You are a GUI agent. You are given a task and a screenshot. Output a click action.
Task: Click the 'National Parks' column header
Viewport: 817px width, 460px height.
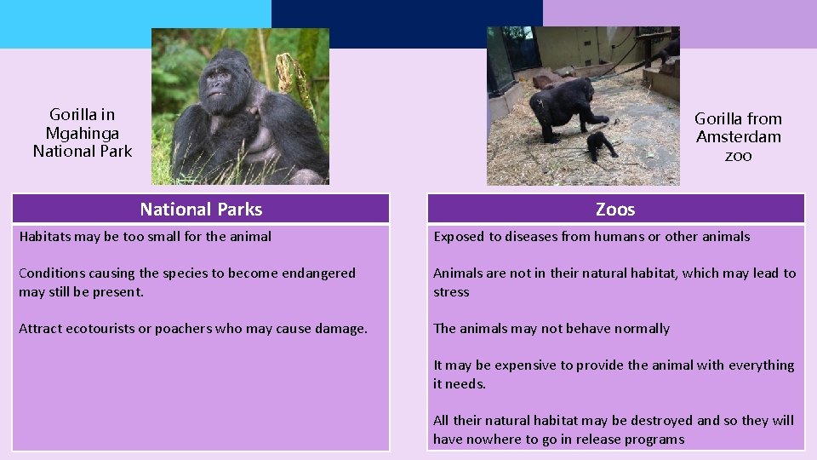coord(201,210)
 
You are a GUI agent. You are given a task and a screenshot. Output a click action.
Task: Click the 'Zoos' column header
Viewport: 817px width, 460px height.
coord(615,210)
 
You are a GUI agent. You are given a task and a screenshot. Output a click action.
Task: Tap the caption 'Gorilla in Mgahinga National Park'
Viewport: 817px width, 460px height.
coord(83,133)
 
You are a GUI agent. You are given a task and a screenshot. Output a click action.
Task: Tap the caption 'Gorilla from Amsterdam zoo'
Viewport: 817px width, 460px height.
coord(738,137)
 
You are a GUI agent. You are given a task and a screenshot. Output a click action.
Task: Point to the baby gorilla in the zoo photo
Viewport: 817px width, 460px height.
coord(601,146)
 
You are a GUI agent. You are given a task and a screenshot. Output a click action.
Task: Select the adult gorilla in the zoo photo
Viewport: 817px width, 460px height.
coord(562,109)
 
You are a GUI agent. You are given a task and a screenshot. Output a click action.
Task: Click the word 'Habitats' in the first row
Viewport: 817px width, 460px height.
coord(44,237)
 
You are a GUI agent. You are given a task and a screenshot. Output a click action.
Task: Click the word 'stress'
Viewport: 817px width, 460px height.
coord(451,292)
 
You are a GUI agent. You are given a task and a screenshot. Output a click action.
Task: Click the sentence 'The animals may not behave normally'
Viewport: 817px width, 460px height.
coord(551,329)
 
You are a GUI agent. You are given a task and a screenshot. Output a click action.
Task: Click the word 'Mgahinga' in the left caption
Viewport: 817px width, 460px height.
coord(83,133)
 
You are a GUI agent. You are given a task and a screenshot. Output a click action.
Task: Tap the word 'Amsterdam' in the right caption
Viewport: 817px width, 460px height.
coord(738,137)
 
